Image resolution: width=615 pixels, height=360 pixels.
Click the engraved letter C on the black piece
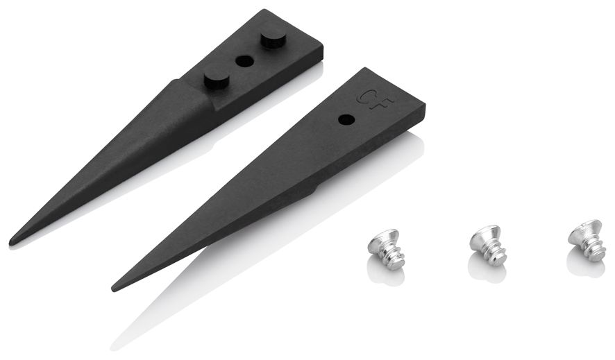364,96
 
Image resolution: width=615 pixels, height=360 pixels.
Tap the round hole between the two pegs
244,61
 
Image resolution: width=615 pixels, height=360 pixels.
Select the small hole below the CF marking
346,119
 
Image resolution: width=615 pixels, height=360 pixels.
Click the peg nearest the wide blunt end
273,39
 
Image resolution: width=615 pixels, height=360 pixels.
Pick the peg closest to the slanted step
217,80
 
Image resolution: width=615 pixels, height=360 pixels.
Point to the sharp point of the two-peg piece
11,241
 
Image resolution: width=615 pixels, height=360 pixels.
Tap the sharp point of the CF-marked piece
114,289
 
